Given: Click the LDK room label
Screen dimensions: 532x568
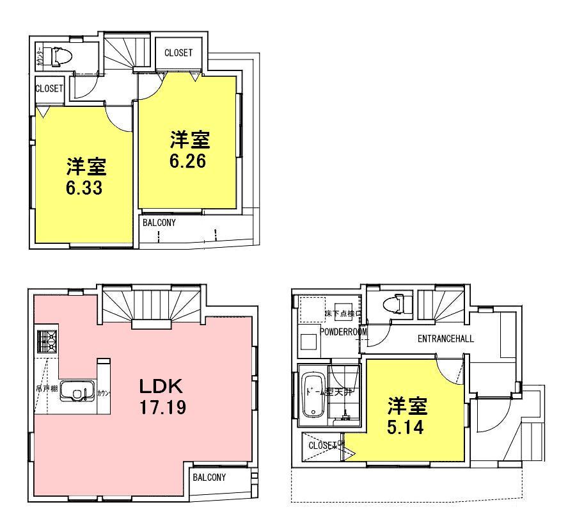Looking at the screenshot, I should tap(162, 386).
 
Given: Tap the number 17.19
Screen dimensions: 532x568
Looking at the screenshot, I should tap(162, 407).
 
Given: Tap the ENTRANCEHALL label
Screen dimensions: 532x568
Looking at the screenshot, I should tap(445, 339).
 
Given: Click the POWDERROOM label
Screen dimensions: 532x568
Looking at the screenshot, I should tap(343, 332).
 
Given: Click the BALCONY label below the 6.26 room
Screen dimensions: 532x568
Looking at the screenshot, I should tap(158, 223).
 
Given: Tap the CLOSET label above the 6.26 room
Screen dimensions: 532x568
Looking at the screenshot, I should tap(178, 53).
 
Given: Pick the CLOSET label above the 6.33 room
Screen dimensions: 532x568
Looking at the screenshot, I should tap(49, 88).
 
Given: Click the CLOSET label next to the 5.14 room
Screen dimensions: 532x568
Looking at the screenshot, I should tap(323, 446).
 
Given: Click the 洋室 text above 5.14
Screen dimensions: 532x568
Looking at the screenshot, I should tap(407, 406).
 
